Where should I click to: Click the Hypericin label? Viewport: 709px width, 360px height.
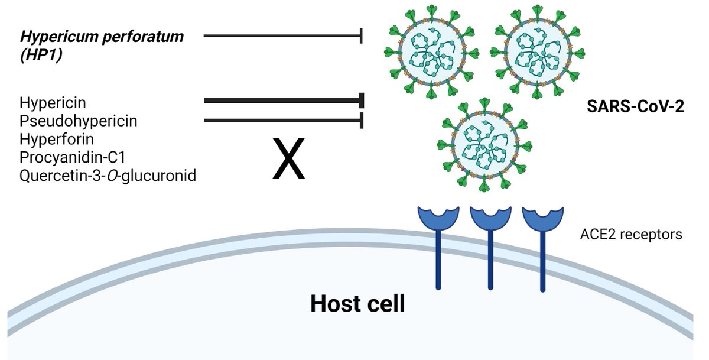(x=53, y=103)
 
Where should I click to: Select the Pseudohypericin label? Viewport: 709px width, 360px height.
(x=78, y=121)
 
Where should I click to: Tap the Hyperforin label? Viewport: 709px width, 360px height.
(x=57, y=140)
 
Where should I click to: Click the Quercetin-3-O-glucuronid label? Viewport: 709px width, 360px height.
(x=108, y=176)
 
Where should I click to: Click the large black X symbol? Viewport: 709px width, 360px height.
(x=288, y=158)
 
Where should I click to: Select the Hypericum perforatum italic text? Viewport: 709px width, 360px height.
(x=102, y=37)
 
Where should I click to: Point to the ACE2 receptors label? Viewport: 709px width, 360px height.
(x=632, y=235)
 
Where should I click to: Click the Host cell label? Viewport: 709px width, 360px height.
(x=357, y=304)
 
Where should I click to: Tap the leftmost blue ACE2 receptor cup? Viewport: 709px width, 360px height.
(x=438, y=217)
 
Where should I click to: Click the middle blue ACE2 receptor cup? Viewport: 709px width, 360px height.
(x=490, y=217)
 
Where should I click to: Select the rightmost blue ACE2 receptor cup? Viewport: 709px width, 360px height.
(x=541, y=217)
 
